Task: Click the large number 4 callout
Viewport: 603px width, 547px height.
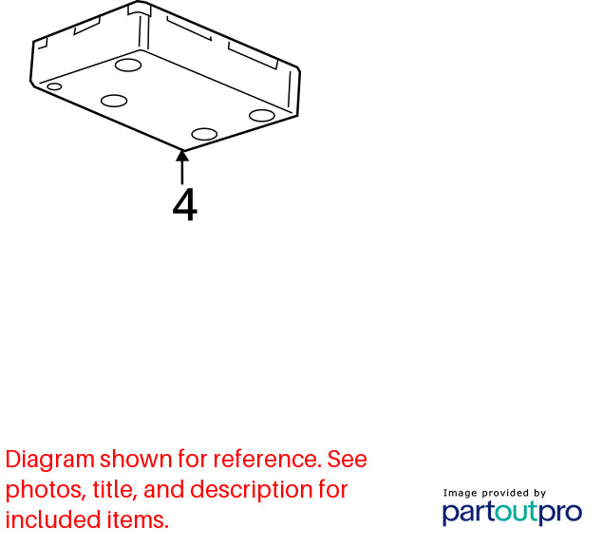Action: (x=185, y=204)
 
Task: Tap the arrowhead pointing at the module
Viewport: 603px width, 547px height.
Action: (x=182, y=156)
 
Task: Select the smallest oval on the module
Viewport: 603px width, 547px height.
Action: (x=54, y=86)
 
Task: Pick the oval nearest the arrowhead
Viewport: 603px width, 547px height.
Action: (x=204, y=134)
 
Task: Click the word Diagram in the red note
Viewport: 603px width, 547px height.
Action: (x=50, y=460)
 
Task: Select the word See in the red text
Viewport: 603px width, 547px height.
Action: (x=348, y=459)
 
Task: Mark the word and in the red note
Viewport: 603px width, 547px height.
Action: (x=164, y=489)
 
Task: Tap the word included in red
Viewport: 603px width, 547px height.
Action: (x=53, y=519)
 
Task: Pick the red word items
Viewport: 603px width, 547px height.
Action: (x=138, y=519)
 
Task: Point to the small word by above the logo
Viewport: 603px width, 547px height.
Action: (x=539, y=494)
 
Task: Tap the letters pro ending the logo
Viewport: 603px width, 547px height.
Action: (x=560, y=514)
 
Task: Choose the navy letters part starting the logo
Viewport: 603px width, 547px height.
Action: (x=469, y=513)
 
